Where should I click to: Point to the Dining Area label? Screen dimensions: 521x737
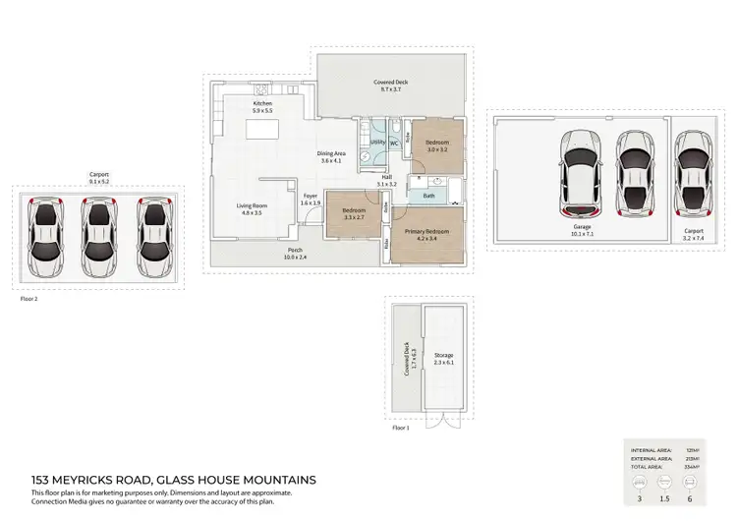pos(330,156)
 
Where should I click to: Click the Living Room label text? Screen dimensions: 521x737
pos(250,208)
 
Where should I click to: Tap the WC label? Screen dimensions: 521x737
pos(394,144)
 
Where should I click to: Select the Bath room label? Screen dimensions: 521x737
pos(428,196)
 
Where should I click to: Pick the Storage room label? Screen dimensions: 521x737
pos(443,359)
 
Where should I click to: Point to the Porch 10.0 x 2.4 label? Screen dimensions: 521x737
pos(294,253)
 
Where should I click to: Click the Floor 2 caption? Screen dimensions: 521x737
pos(28,298)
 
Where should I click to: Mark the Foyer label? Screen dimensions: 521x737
pos(309,200)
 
